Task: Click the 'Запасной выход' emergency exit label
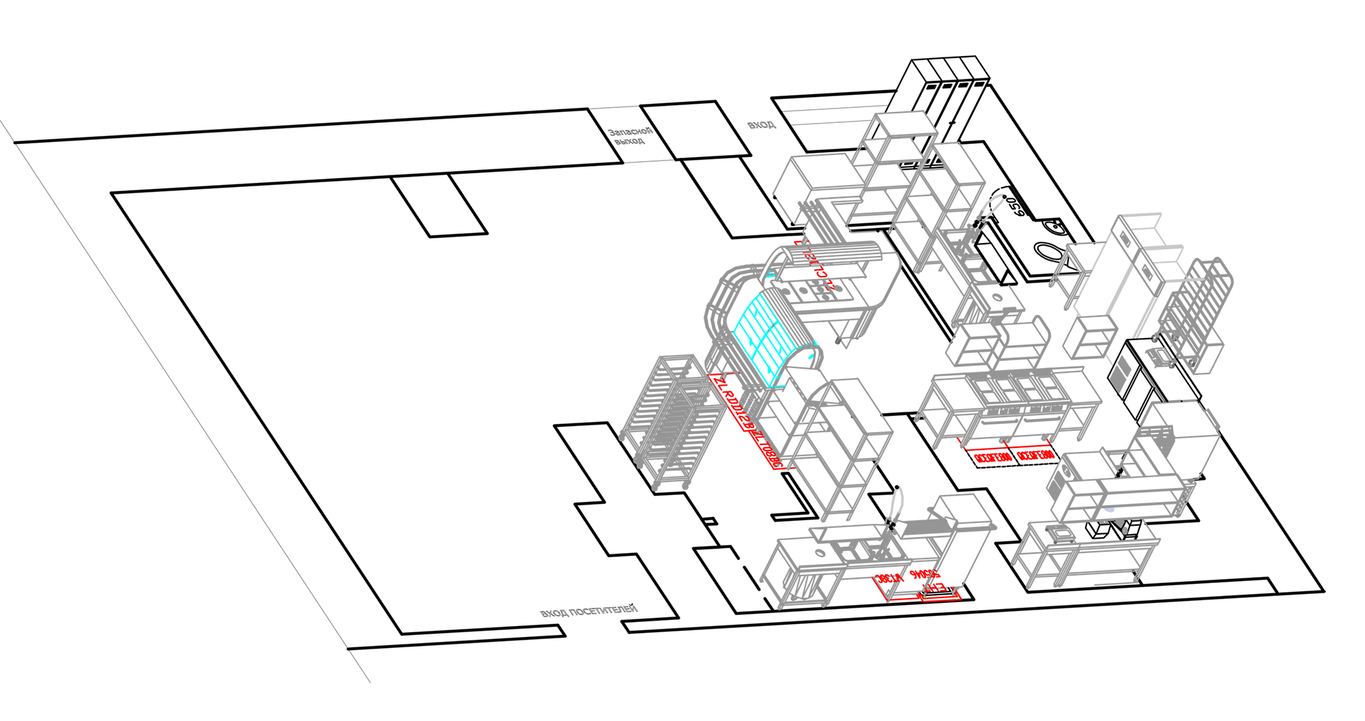630,136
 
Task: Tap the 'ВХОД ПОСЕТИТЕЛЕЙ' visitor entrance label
588,610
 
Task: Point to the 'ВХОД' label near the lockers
761,125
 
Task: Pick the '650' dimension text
1016,206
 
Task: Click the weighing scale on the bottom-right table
1059,533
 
